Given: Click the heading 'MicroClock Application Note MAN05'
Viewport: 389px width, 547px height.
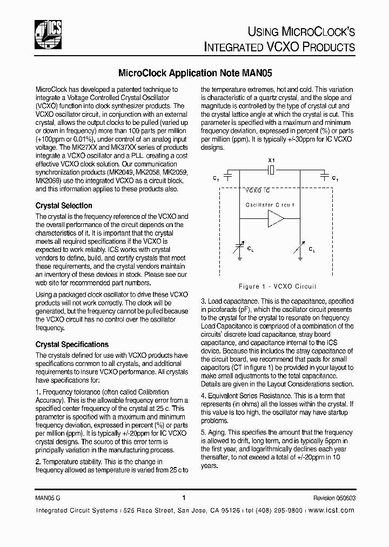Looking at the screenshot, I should tap(194, 72).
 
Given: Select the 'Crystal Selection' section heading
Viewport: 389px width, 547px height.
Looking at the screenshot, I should tap(64, 205).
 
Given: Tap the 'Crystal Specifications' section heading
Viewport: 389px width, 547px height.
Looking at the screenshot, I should tap(72, 344).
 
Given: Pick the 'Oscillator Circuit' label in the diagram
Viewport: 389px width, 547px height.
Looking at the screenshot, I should tap(270, 205).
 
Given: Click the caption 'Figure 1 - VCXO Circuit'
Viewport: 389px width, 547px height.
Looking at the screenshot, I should tap(277, 286).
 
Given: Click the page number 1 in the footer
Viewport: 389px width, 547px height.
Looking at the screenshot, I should tap(184, 498).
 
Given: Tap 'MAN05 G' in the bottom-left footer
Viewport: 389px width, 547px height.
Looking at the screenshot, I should tap(48, 499).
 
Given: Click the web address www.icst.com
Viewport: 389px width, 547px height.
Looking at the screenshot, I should tap(331, 510).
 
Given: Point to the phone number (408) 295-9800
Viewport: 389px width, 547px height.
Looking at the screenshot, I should tap(277, 510).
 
